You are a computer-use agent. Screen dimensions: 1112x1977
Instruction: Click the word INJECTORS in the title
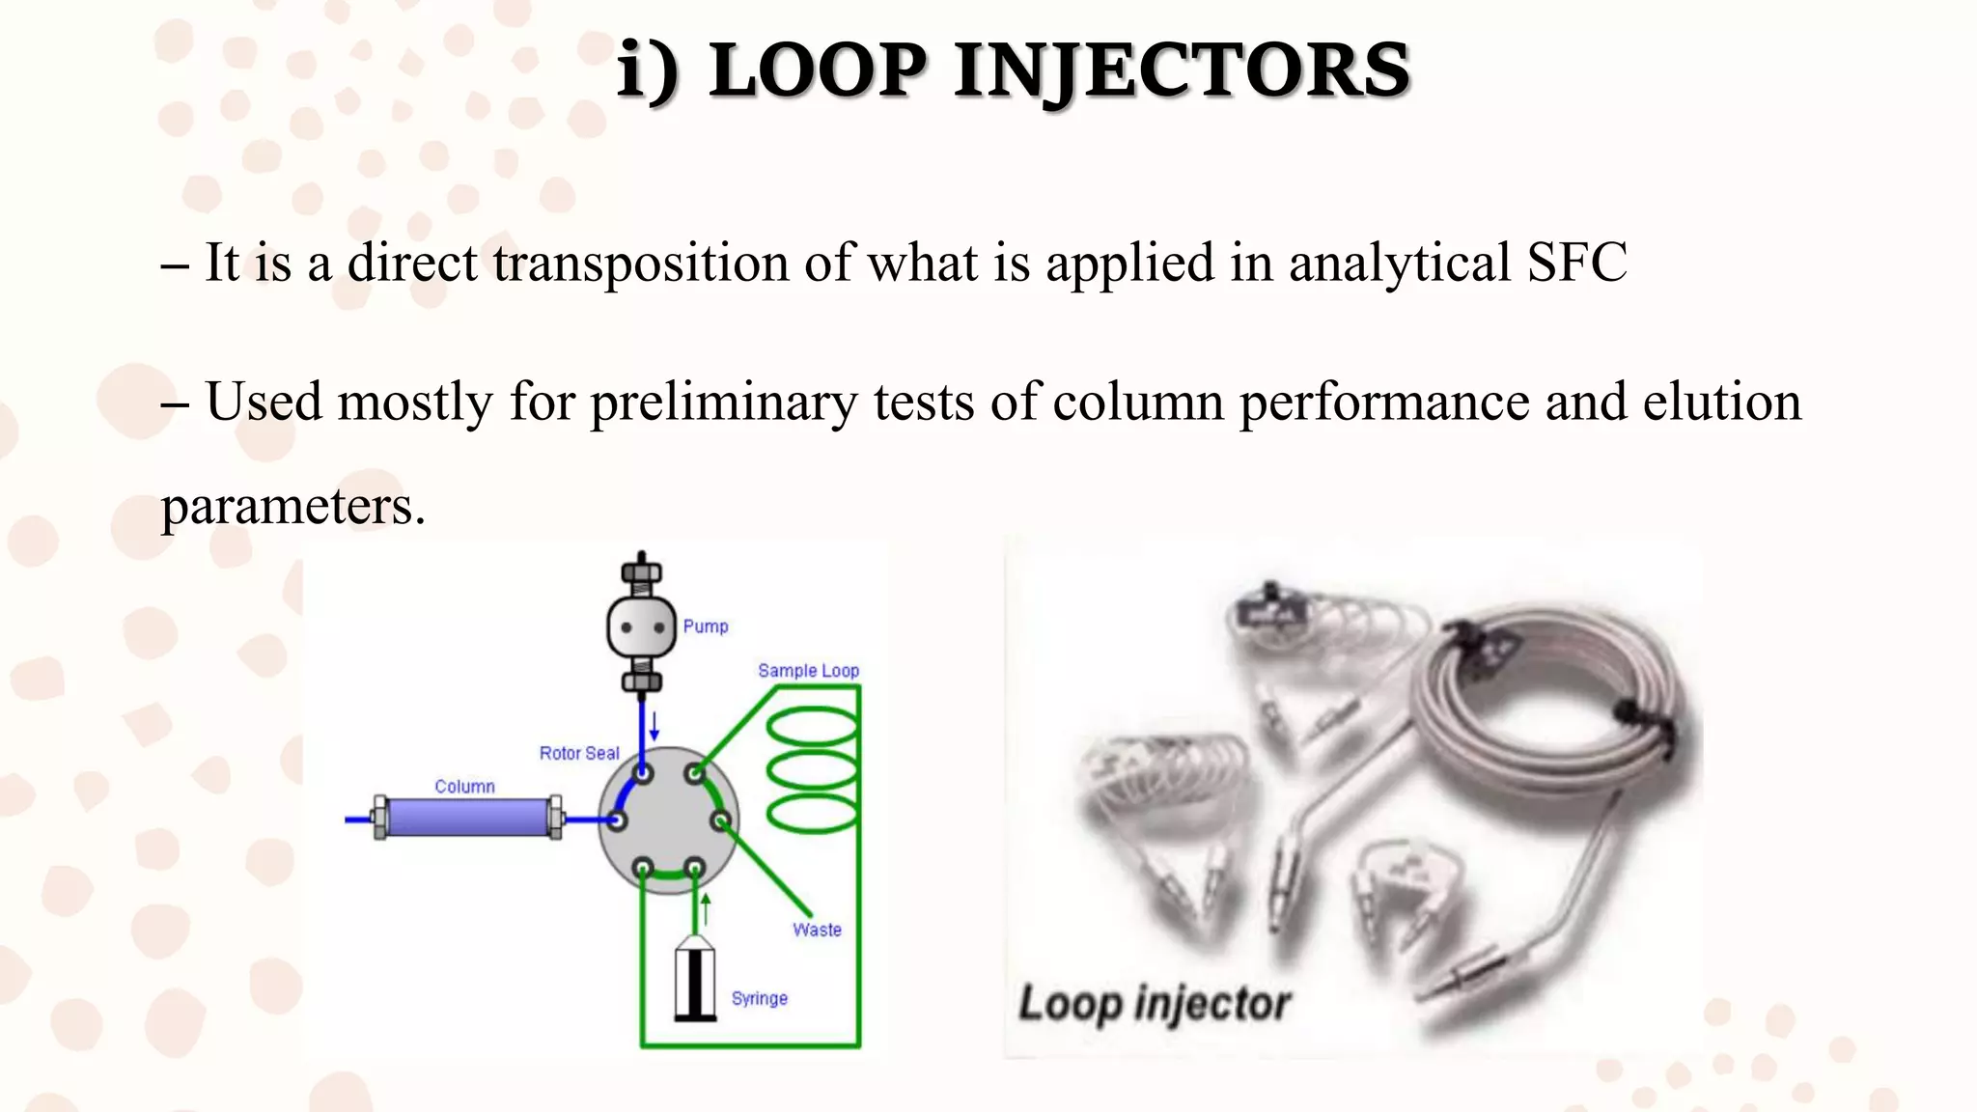point(1182,71)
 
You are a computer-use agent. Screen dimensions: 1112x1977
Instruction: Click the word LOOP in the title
point(817,71)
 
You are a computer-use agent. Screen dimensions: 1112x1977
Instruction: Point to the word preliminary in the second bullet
point(723,403)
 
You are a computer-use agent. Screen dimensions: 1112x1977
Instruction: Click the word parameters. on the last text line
point(292,506)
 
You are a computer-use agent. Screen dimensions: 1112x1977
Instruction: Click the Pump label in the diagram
point(706,626)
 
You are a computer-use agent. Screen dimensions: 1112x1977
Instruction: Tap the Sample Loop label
point(808,670)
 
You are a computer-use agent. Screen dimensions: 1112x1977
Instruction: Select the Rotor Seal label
point(579,753)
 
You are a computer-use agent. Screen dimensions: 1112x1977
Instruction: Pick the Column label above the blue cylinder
point(464,787)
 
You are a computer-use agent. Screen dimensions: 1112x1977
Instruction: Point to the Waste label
point(817,930)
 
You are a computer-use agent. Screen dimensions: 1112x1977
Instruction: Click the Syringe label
point(760,998)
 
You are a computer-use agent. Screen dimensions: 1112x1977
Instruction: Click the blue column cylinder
point(468,819)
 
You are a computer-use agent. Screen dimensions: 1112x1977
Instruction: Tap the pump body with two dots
point(641,627)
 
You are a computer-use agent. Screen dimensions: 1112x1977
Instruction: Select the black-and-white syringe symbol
point(694,980)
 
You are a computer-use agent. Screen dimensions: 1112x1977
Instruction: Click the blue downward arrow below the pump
point(654,726)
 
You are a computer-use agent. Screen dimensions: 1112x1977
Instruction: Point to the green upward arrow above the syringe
point(706,908)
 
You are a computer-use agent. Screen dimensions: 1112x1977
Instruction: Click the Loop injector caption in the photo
point(1155,1004)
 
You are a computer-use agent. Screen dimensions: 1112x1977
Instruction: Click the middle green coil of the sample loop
point(813,769)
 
